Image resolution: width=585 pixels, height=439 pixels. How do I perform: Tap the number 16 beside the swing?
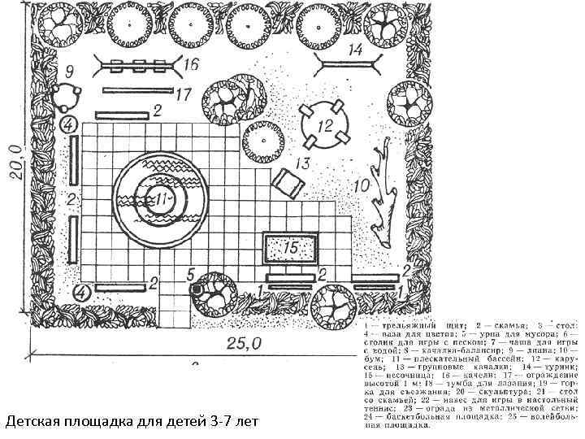coord(193,63)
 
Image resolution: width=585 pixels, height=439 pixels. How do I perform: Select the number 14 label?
coord(355,50)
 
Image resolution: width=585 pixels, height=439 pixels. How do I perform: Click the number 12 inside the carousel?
coord(326,126)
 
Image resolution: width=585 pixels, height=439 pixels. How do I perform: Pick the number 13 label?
coord(302,164)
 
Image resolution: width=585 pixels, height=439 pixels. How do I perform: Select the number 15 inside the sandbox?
coord(291,246)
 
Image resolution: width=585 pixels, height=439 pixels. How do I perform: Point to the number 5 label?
coord(191,273)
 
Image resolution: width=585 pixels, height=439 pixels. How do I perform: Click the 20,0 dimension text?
coord(15,166)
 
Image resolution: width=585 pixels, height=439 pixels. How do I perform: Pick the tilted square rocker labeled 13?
coord(286,183)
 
